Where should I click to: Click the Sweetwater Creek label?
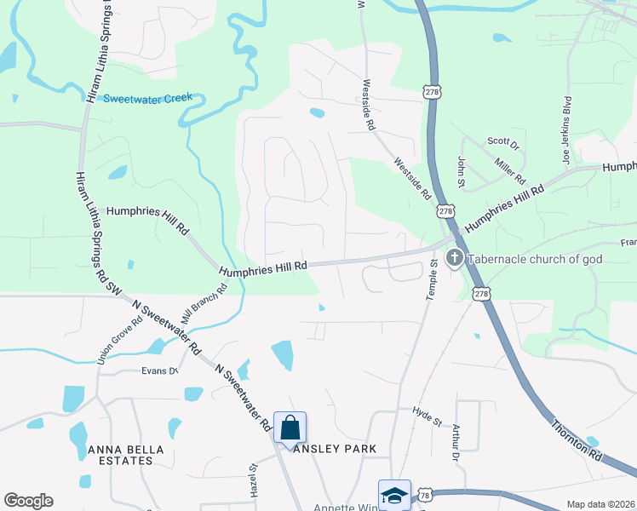coord(148,99)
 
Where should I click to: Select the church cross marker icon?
coord(455,257)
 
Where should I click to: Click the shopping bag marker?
coord(290,428)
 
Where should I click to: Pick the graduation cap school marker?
coord(394,496)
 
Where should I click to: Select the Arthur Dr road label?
coord(456,444)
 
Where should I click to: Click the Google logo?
coord(28,501)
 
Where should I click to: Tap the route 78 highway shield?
coord(423,495)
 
